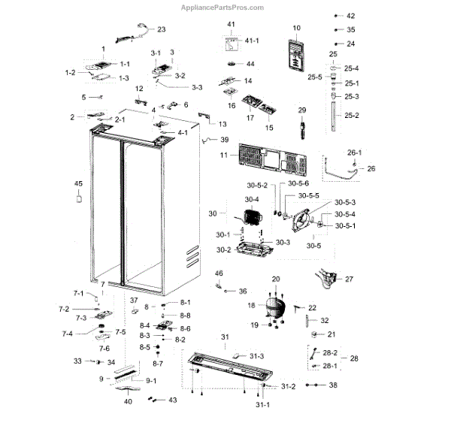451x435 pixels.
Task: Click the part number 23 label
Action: click(161, 29)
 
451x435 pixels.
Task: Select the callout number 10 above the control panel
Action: click(296, 28)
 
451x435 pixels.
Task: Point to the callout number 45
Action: click(78, 183)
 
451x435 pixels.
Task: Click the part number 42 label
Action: click(350, 16)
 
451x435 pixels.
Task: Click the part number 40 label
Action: click(128, 402)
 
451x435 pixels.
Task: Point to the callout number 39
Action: click(224, 140)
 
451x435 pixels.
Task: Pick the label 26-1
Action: click(355, 153)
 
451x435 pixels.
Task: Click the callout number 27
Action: click(349, 279)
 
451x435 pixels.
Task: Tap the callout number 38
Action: click(333, 385)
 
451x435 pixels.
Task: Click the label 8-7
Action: click(158, 364)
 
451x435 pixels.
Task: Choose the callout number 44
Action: click(251, 63)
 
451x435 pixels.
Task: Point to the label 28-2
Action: click(330, 352)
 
